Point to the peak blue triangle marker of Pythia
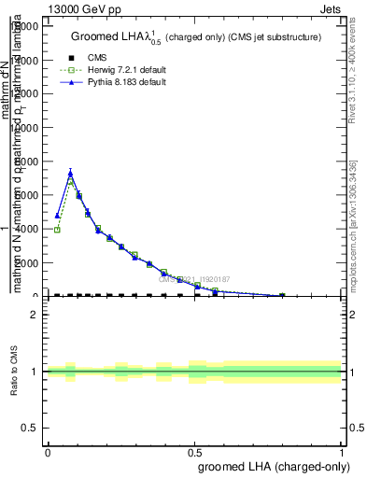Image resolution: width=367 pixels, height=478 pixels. [70, 172]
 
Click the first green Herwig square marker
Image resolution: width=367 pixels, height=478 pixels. [57, 230]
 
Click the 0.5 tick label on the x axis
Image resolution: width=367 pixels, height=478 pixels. [194, 451]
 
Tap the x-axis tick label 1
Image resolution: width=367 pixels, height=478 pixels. [341, 451]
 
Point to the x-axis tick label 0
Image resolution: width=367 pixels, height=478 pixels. [48, 451]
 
